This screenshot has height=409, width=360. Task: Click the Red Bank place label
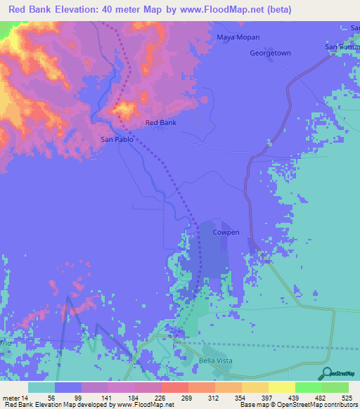click(x=160, y=123)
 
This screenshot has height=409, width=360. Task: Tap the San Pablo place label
click(x=116, y=139)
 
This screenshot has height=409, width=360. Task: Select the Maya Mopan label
click(x=238, y=37)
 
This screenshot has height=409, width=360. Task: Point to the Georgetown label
click(x=270, y=53)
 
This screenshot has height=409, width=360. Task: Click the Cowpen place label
click(x=226, y=232)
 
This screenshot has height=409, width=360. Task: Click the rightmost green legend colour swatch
click(x=335, y=387)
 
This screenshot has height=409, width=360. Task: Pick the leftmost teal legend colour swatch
click(x=41, y=387)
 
